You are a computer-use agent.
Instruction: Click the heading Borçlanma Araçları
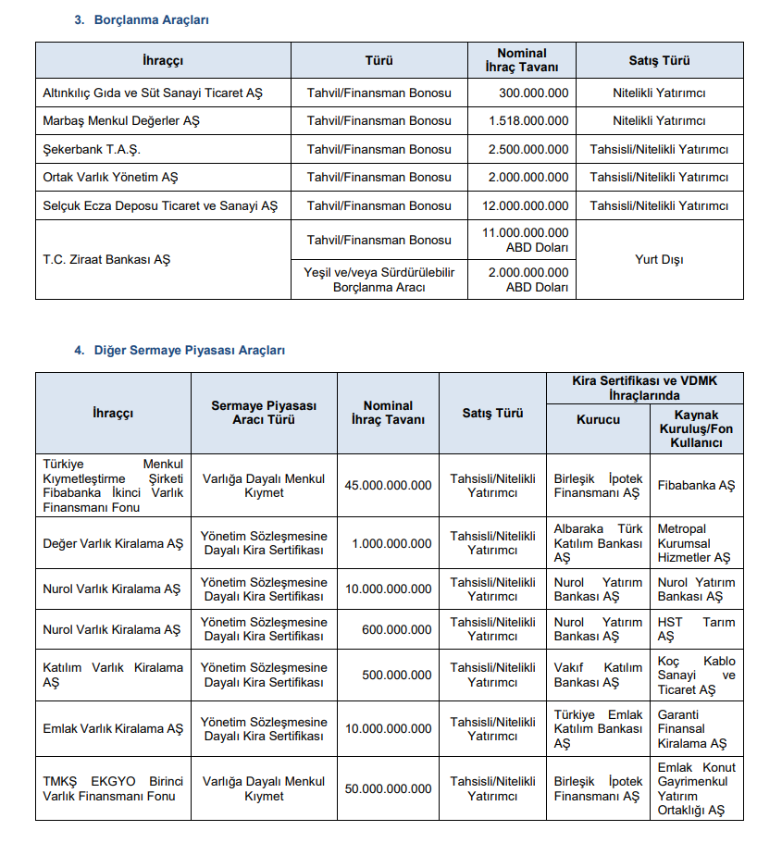[x=151, y=19]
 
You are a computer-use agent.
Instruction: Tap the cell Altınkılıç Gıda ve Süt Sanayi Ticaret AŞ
[x=153, y=93]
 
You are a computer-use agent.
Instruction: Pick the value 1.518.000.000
[x=534, y=120]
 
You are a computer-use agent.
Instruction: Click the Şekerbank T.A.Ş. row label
[x=92, y=149]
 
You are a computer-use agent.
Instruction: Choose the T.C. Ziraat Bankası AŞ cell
[x=106, y=259]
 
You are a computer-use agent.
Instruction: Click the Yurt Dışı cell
[x=659, y=259]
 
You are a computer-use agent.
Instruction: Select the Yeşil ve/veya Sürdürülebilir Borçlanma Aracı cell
[x=379, y=279]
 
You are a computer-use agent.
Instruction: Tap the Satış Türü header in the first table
[x=659, y=60]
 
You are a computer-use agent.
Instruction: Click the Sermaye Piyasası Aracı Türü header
[x=264, y=413]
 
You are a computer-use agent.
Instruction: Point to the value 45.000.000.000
[x=388, y=485]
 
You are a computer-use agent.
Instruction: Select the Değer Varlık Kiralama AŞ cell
[x=113, y=543]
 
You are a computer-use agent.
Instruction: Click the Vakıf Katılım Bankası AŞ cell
[x=598, y=675]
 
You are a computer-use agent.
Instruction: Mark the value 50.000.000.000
[x=388, y=788]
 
